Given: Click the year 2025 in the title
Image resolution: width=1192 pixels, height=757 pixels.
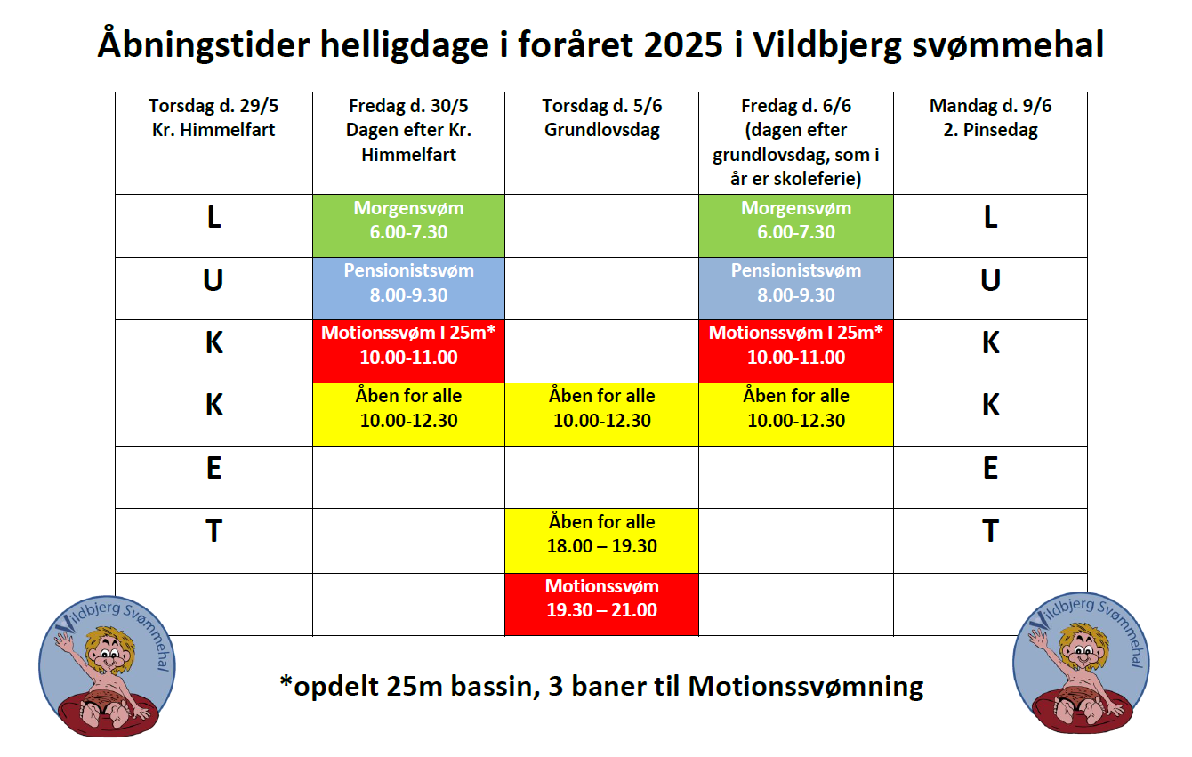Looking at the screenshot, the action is coord(683,44).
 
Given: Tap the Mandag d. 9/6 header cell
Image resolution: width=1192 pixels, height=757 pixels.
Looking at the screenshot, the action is coord(990,143).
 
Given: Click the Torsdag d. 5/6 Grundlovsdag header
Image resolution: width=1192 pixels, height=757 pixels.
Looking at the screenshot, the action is coord(602,143).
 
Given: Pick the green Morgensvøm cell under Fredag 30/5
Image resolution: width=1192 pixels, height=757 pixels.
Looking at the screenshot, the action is coord(408,226).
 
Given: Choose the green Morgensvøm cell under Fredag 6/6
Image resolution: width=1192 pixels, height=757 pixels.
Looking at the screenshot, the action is coord(796,226).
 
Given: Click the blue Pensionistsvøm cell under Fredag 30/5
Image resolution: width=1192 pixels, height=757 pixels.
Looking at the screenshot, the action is coord(408,289).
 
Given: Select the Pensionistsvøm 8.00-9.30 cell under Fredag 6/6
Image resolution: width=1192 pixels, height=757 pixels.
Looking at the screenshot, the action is coord(796,289).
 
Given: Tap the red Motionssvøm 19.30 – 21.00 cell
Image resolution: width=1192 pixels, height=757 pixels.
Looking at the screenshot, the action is coord(602,604).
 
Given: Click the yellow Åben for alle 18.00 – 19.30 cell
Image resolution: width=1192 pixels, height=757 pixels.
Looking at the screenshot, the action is coord(602,541).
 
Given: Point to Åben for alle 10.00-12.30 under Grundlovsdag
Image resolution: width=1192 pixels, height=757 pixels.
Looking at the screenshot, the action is coord(602,415).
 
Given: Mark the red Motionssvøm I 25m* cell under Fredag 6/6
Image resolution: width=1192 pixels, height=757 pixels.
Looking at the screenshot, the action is coord(796,351).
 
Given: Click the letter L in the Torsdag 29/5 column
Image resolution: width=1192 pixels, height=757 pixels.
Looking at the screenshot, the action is coord(213,218).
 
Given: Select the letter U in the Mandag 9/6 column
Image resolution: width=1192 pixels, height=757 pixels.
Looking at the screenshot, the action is coord(990,280).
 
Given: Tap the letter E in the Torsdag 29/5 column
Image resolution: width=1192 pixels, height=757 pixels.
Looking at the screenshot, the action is coord(213,468).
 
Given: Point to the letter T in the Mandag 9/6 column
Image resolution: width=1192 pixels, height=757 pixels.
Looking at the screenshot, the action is coord(990,531).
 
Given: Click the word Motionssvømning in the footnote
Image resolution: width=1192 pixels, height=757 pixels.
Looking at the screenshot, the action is coord(806,687).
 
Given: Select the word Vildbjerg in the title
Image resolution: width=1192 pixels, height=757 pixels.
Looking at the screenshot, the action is coord(827,45).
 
